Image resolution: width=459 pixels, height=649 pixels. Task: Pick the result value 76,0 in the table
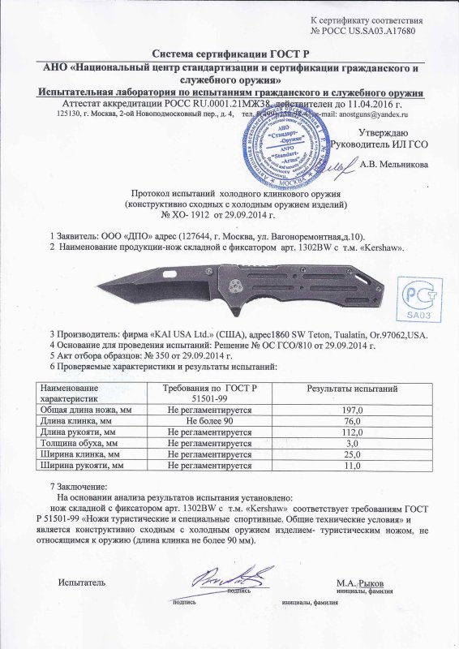(352, 422)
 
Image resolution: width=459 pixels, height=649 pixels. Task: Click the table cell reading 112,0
(352, 433)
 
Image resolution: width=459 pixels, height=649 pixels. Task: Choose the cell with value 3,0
(352, 445)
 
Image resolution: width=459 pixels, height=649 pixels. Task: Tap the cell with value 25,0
(352, 456)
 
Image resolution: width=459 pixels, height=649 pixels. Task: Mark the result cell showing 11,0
(352, 466)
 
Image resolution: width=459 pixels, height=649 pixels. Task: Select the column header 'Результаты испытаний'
(352, 390)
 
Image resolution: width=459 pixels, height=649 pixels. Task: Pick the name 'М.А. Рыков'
(360, 583)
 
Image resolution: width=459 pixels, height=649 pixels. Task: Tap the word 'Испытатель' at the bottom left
(81, 582)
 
